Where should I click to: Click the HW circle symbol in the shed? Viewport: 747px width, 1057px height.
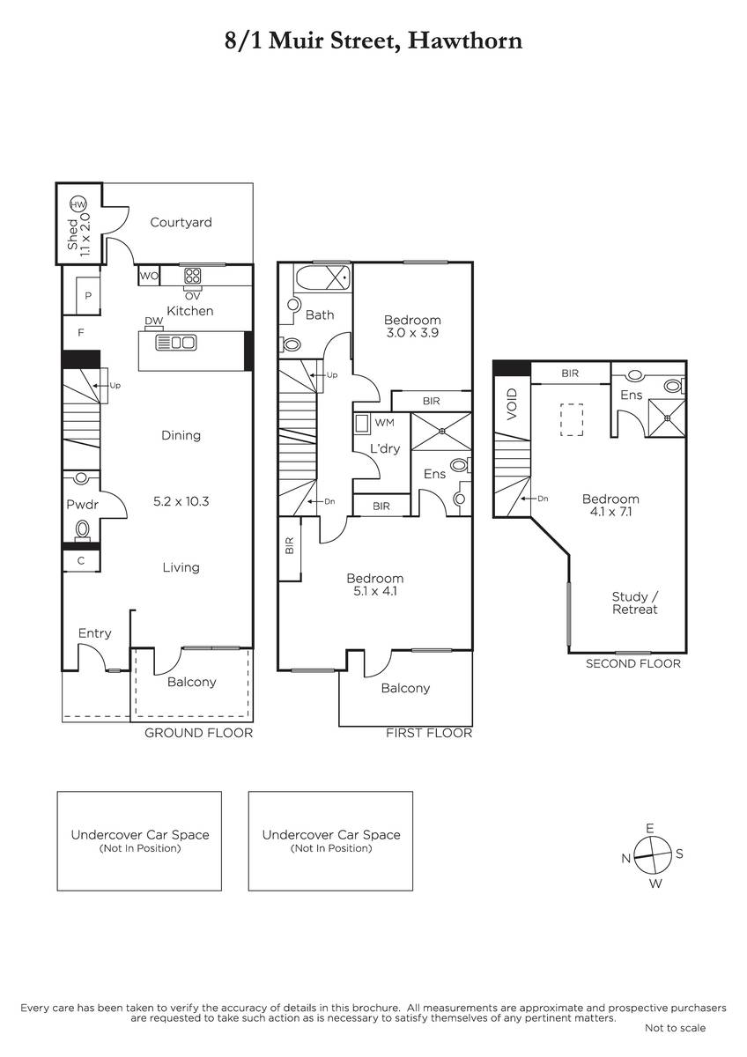click(x=78, y=204)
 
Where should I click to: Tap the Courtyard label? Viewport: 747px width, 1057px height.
click(x=181, y=222)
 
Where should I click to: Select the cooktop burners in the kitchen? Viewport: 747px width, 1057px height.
click(x=193, y=276)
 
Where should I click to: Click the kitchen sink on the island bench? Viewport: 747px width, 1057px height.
click(x=175, y=343)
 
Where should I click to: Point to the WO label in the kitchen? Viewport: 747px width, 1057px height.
click(x=149, y=276)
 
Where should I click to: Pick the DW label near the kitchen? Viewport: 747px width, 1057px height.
click(x=154, y=321)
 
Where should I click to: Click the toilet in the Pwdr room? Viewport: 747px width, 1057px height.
click(x=83, y=530)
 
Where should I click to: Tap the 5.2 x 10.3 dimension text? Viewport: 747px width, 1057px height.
click(x=181, y=501)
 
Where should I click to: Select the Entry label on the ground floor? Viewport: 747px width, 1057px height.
click(x=95, y=633)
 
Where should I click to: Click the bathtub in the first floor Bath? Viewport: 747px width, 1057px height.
click(x=322, y=278)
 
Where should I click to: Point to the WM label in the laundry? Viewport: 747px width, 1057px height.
click(x=385, y=423)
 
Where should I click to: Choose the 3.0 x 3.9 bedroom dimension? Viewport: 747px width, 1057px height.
click(x=412, y=333)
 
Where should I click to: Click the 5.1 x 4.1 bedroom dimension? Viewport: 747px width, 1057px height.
click(x=375, y=591)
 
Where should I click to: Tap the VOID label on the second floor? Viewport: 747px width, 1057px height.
click(x=512, y=404)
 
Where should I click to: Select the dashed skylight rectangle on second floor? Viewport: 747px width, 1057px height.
click(x=572, y=419)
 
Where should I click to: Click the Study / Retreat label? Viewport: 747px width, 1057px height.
click(x=635, y=602)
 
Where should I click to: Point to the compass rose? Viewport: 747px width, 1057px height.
click(x=652, y=855)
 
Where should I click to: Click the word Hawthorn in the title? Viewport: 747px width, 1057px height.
click(x=465, y=41)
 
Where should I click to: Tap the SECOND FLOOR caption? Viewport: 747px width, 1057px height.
click(x=633, y=663)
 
